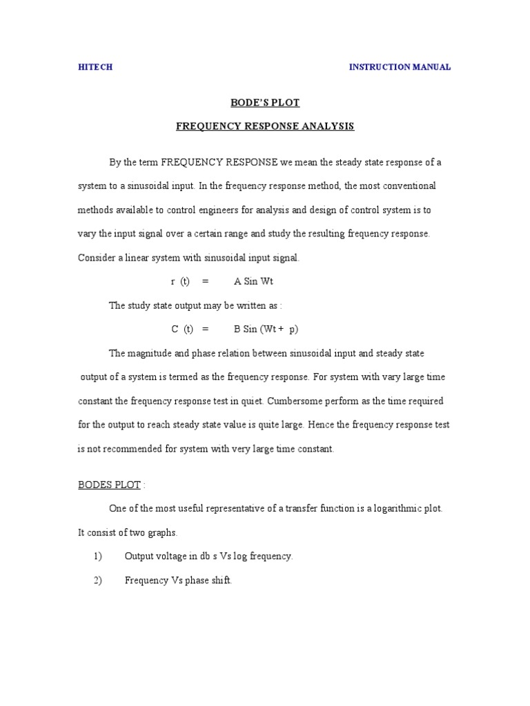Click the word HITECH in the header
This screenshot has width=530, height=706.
(95, 68)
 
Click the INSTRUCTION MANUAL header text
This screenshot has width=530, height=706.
(400, 68)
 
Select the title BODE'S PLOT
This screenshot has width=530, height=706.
(264, 103)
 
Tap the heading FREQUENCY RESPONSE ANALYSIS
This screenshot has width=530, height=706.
(265, 127)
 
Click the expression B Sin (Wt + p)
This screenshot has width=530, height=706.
(262, 330)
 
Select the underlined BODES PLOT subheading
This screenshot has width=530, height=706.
(109, 485)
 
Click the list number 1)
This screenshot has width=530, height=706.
(97, 556)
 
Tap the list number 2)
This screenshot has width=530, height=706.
(97, 581)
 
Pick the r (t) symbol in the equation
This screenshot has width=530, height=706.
(179, 282)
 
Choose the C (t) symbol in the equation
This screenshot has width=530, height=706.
(181, 330)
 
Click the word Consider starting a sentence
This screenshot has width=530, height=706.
(97, 258)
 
